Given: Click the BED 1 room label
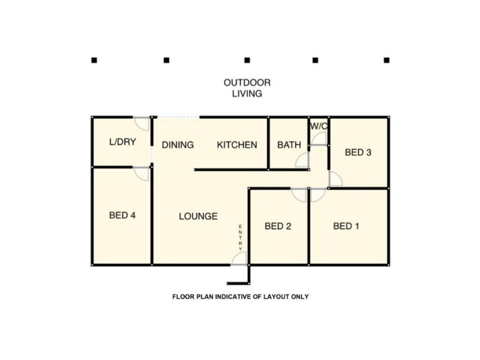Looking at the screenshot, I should [346, 226].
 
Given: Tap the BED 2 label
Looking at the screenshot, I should [278, 226].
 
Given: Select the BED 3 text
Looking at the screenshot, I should [358, 152].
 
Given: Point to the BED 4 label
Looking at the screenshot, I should [122, 215].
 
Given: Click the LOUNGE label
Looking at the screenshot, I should [198, 216].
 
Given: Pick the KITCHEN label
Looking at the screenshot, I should [237, 145].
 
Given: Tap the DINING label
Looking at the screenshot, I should [178, 145].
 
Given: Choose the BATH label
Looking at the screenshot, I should [289, 145].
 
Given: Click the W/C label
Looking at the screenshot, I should [319, 127].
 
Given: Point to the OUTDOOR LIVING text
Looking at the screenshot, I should [247, 88].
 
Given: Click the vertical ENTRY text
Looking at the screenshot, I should [241, 238].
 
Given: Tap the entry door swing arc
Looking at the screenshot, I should [240, 258].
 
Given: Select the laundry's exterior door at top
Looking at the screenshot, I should [142, 123].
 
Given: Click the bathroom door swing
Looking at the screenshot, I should [303, 160].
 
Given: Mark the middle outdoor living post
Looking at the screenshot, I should [247, 60].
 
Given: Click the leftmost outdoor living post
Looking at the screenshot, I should [94, 60].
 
